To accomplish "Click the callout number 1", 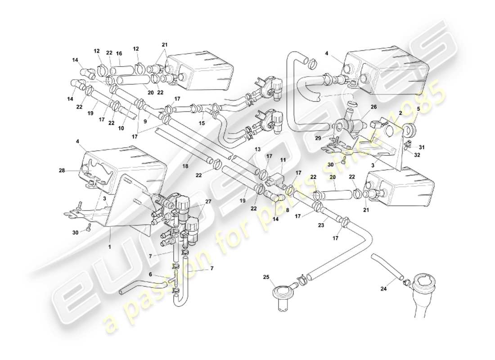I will [x=109, y=235].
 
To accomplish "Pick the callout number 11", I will [x=283, y=159].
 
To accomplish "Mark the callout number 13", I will [x=257, y=149].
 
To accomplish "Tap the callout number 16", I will [x=119, y=53].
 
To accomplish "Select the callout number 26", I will [x=373, y=107].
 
